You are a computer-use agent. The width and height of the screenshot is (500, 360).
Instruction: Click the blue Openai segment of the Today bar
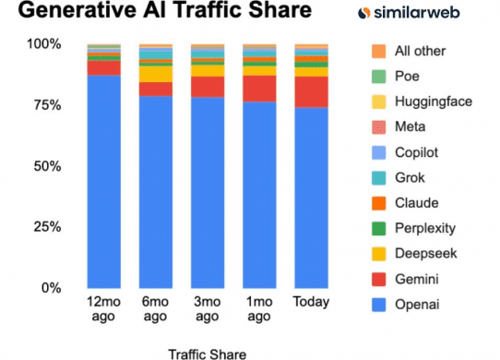click(x=311, y=198)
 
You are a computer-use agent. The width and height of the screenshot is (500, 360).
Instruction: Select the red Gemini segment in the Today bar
click(x=311, y=92)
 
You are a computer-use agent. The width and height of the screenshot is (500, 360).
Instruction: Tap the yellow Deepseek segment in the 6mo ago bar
click(x=156, y=74)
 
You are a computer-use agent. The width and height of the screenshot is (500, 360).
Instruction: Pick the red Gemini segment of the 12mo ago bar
click(x=104, y=68)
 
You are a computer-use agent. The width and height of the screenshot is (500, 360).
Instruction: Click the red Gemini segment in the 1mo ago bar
click(x=259, y=89)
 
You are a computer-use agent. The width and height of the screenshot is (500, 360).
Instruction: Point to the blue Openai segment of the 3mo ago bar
click(x=208, y=193)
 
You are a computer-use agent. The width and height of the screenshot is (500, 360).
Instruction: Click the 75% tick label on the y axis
click(x=47, y=105)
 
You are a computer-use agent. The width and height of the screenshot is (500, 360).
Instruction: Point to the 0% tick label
click(x=52, y=288)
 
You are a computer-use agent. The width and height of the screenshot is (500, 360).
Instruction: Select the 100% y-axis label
click(x=44, y=43)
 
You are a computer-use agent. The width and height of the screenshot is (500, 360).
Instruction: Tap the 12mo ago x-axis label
click(x=103, y=309)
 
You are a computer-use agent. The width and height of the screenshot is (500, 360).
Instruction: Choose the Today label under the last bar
click(x=311, y=302)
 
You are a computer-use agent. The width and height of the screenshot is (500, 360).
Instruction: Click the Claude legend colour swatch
click(x=378, y=203)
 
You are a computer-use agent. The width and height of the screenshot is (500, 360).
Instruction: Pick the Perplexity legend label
click(x=425, y=229)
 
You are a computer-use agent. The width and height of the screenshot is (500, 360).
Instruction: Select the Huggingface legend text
click(x=434, y=102)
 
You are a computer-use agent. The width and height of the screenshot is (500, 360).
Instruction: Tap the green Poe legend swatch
click(x=378, y=77)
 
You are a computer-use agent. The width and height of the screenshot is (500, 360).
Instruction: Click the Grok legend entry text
click(x=411, y=178)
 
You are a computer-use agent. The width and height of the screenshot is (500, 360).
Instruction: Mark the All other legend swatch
click(x=378, y=52)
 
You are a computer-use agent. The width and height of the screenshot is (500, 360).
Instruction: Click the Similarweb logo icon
click(x=363, y=13)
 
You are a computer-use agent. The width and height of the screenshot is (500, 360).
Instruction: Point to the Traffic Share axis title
click(x=208, y=354)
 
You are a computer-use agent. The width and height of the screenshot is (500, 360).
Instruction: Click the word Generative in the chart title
click(x=77, y=9)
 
